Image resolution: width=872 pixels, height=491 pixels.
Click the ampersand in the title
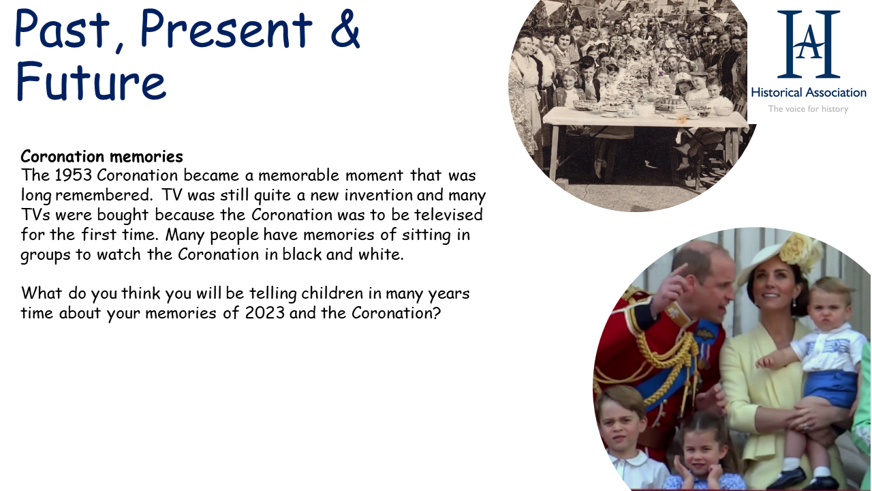(345, 29)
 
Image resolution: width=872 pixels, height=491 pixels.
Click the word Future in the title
(91, 81)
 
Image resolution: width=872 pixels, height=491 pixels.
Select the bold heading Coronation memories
(102, 156)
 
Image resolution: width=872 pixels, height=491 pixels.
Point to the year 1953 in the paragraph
(73, 175)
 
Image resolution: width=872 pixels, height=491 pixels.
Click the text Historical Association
(809, 93)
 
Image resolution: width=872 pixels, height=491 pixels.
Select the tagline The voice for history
(808, 109)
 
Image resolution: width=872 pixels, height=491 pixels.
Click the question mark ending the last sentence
(437, 313)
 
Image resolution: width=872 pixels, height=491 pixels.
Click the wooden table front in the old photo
(644, 119)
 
